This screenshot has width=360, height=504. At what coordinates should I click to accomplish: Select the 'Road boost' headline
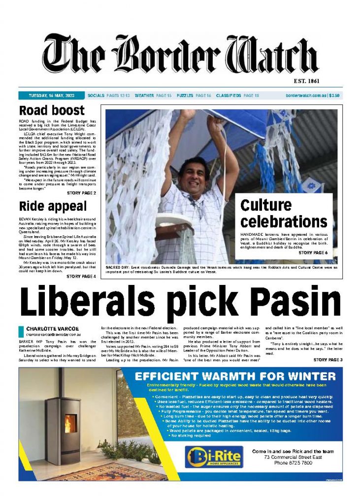pos(52,110)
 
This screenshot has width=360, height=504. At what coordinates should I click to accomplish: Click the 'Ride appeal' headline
pos(53,206)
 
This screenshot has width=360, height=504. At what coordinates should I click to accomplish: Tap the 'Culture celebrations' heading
pos(283,213)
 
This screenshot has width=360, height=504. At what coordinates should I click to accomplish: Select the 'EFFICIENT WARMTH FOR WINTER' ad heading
pos(235,377)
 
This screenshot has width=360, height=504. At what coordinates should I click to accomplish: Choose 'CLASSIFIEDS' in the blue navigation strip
pos(227,95)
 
